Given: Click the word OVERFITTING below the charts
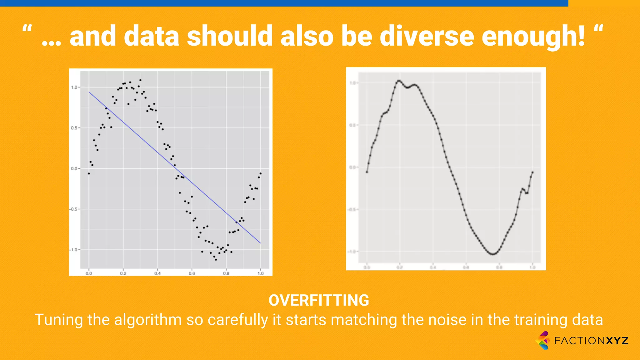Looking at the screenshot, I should (x=319, y=300).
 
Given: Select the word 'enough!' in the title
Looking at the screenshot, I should (x=533, y=37).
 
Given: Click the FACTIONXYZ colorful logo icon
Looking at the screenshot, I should (x=543, y=340).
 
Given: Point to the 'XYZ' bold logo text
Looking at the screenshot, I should (x=617, y=341).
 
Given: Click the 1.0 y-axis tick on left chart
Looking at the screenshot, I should (x=74, y=87).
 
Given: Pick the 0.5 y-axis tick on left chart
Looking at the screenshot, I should (x=74, y=128).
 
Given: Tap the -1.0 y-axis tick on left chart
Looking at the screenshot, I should (x=74, y=250).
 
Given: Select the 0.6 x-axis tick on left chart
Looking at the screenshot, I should (x=192, y=273).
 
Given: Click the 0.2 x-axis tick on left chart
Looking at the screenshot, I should (x=123, y=273).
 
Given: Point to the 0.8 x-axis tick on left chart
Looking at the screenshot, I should (x=226, y=273).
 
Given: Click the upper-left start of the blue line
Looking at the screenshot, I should (x=89, y=92).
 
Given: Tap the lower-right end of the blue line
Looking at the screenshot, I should (x=260, y=243).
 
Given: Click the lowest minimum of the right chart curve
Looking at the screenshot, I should (x=493, y=254).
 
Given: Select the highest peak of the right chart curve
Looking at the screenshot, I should (x=399, y=81).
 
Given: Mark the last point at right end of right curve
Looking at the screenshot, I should (x=532, y=172).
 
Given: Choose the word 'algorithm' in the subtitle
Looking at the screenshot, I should (x=148, y=320).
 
